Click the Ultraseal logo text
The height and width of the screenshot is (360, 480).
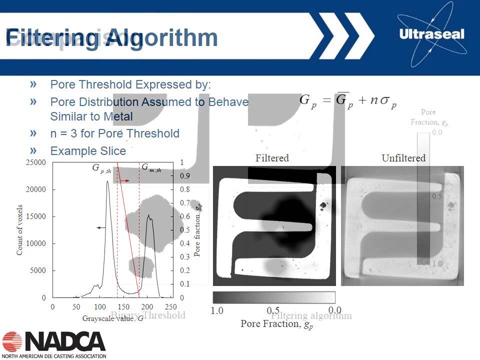pyautogui.click(x=432, y=34)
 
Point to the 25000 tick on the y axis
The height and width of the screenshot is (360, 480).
pyautogui.click(x=35, y=162)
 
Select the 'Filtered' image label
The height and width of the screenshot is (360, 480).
pyautogui.click(x=272, y=158)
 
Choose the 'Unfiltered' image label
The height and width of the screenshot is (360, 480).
pyautogui.click(x=403, y=158)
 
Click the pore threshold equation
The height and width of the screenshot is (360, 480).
pyautogui.click(x=348, y=101)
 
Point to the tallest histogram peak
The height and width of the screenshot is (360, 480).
pyautogui.click(x=107, y=182)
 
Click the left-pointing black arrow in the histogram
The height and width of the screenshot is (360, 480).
pyautogui.click(x=101, y=227)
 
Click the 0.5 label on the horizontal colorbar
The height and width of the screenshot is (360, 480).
pyautogui.click(x=273, y=310)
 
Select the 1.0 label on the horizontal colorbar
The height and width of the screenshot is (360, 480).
pyautogui.click(x=217, y=310)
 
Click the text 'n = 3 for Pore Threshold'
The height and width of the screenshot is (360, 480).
pyautogui.click(x=114, y=133)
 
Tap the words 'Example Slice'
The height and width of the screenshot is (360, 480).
pyautogui.click(x=88, y=150)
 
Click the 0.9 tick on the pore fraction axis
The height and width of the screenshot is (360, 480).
pyautogui.click(x=185, y=176)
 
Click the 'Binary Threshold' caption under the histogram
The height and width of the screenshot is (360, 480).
pyautogui.click(x=147, y=315)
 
